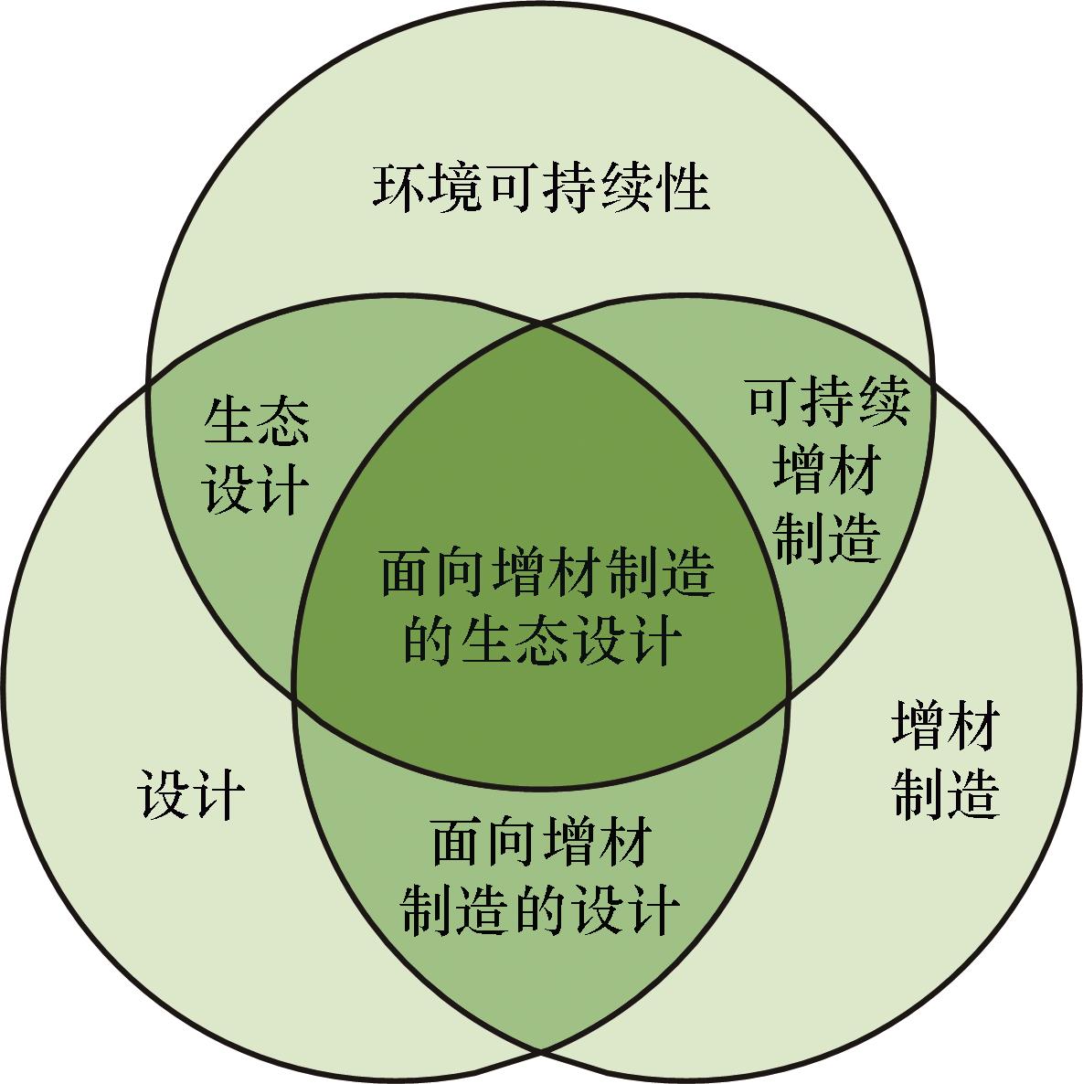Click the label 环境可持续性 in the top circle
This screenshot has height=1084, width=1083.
click(x=541, y=186)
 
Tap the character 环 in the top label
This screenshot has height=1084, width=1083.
click(x=398, y=186)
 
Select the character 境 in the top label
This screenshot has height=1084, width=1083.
click(x=455, y=186)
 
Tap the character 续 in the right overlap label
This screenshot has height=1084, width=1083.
click(x=884, y=402)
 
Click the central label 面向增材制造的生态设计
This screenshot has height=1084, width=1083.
click(x=546, y=606)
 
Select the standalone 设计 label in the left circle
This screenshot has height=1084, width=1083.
click(x=191, y=795)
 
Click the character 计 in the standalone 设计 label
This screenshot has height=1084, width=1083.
click(x=219, y=795)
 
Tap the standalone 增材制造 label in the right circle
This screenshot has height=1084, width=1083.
click(x=946, y=760)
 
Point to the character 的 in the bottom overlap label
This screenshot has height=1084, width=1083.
click(x=541, y=910)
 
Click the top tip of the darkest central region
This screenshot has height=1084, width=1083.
click(x=541, y=323)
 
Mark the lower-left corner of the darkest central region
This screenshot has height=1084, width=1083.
click(x=294, y=698)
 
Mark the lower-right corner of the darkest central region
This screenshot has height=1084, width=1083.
click(x=789, y=698)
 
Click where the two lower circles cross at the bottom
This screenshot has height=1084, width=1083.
click(x=541, y=1054)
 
